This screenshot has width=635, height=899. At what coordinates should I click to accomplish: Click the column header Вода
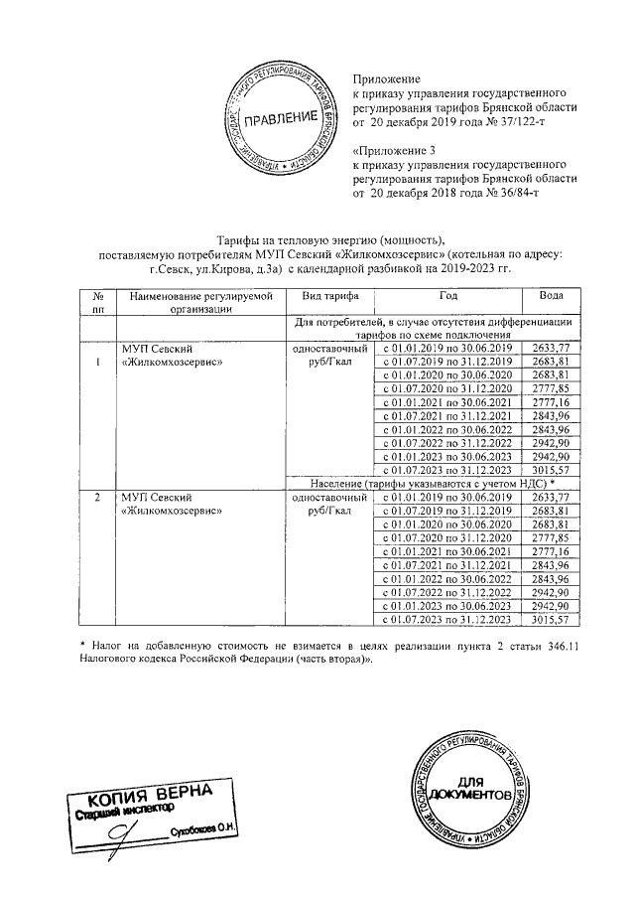tap(552, 296)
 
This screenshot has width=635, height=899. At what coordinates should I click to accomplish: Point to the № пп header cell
tap(98, 302)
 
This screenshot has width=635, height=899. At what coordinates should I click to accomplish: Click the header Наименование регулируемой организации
tap(198, 302)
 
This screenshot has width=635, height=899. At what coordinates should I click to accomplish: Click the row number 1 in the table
tap(98, 361)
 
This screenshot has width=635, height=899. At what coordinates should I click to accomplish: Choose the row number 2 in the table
tap(98, 496)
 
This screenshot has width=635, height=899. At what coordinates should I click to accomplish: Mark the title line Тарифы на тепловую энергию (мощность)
tap(331, 240)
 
